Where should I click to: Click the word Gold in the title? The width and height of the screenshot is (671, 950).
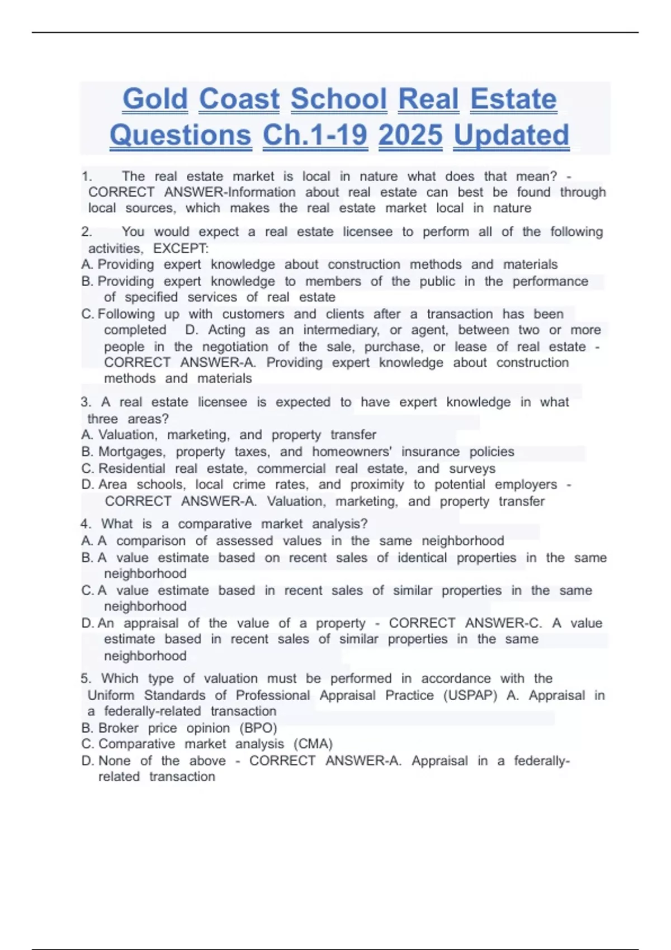(155, 99)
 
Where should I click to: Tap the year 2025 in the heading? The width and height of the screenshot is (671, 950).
(410, 136)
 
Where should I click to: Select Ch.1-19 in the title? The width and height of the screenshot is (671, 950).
(315, 136)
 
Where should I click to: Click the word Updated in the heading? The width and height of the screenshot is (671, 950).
(511, 136)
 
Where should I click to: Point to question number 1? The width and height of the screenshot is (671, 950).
(86, 177)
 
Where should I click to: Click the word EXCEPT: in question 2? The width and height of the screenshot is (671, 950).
(181, 249)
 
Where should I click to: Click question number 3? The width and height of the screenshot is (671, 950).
(85, 402)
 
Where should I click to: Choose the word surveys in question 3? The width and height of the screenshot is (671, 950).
(472, 469)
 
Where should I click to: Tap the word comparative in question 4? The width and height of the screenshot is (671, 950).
(215, 524)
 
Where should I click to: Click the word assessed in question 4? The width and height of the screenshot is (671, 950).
(244, 541)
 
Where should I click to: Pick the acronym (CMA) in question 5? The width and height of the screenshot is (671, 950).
(313, 744)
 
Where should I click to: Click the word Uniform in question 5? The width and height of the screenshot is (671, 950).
(111, 696)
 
